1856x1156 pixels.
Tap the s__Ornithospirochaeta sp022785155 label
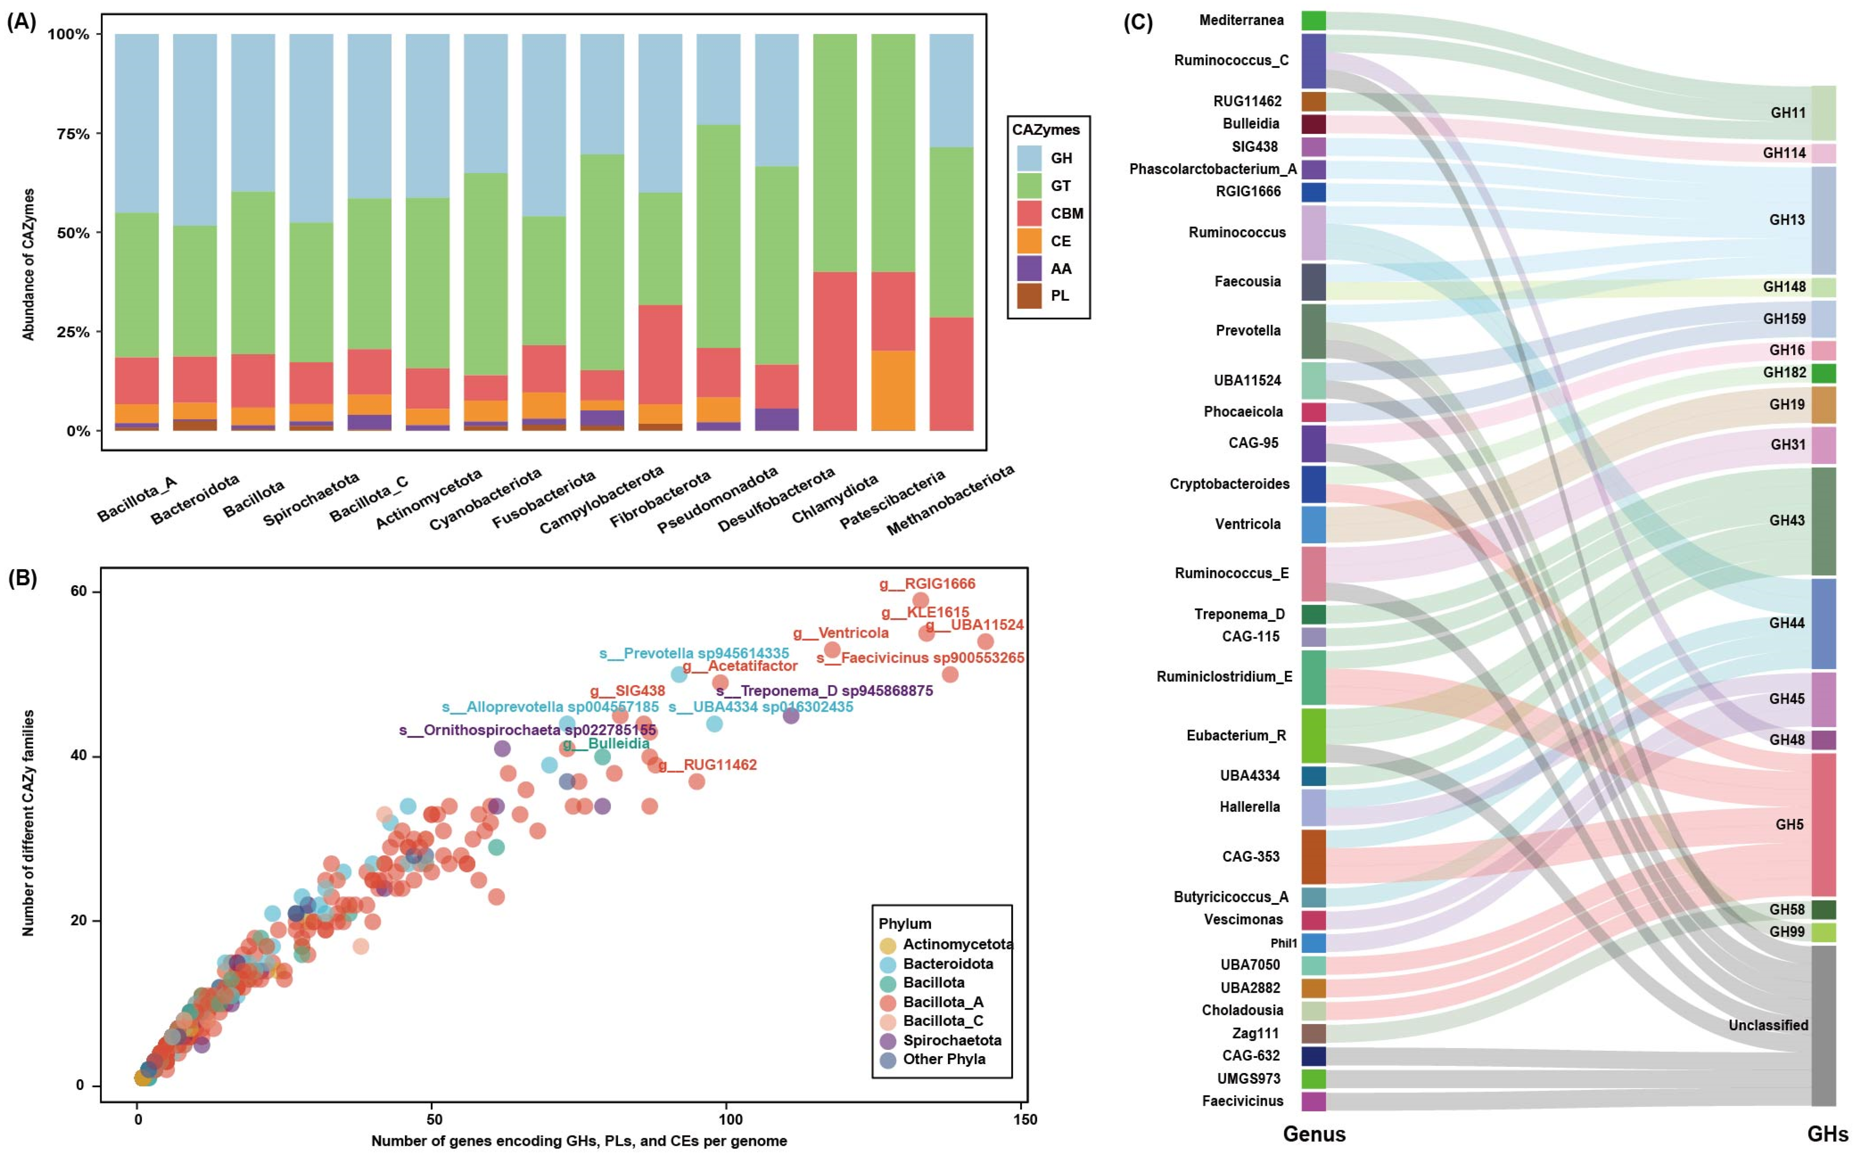pyautogui.click(x=527, y=730)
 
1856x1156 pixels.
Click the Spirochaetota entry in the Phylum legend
pyautogui.click(x=951, y=1040)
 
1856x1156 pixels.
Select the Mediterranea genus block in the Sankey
pyautogui.click(x=1313, y=21)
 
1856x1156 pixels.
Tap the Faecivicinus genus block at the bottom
pyautogui.click(x=1313, y=1101)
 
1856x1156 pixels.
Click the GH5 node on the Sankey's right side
pyautogui.click(x=1823, y=824)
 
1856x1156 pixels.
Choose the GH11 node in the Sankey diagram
pyautogui.click(x=1823, y=113)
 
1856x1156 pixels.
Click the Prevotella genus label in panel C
pyautogui.click(x=1248, y=331)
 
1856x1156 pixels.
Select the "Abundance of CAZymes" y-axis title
pyautogui.click(x=29, y=264)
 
